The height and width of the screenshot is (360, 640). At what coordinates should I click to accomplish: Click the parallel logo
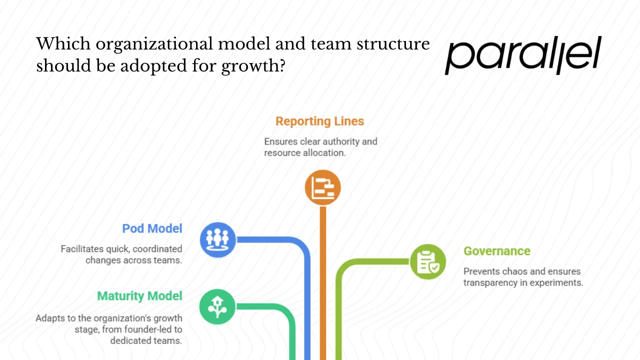tap(523, 55)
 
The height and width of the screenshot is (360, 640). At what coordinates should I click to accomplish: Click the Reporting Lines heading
tap(319, 121)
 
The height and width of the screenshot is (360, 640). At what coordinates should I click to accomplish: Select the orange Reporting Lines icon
tap(322, 188)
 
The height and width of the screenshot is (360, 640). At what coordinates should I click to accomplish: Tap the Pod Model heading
tap(152, 228)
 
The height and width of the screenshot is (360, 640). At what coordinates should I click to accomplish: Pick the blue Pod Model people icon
tap(218, 239)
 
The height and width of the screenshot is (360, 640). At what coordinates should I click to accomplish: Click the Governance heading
tap(496, 251)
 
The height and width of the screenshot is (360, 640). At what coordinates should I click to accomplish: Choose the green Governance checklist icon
tap(428, 261)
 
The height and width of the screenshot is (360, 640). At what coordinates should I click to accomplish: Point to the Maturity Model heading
tap(139, 296)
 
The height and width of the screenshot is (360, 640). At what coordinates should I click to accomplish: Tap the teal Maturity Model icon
tap(217, 307)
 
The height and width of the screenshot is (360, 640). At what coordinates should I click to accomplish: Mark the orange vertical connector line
tap(323, 280)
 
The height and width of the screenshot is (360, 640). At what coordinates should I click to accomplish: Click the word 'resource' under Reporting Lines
tap(282, 152)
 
